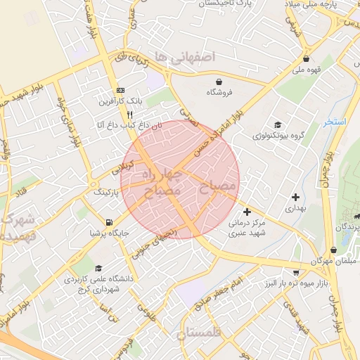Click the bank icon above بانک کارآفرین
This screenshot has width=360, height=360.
coord(120,90)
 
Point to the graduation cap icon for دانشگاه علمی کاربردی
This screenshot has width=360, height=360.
coord(98,268)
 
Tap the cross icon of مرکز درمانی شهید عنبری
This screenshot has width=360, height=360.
coord(247,211)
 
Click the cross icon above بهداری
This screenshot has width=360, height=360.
coord(295,198)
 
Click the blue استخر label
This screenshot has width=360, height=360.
coord(335,122)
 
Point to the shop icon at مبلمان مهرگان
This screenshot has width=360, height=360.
coord(333,250)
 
